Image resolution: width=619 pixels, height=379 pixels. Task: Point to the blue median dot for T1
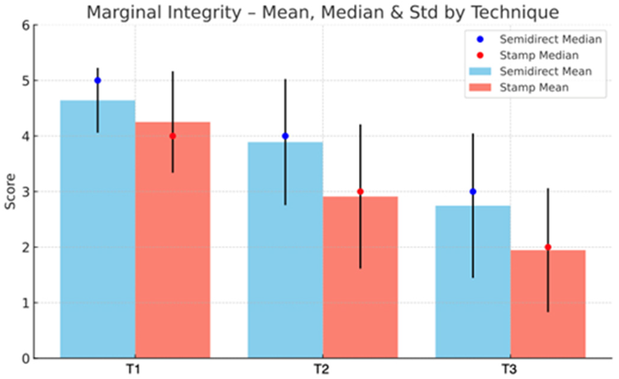(x=98, y=80)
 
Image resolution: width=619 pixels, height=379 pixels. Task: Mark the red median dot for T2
(x=360, y=191)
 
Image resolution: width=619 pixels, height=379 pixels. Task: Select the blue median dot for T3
(x=473, y=191)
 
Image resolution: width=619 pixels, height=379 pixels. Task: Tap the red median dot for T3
(x=548, y=247)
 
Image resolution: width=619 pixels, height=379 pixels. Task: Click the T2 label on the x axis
(x=322, y=369)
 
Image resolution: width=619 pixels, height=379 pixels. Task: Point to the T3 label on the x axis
(x=510, y=369)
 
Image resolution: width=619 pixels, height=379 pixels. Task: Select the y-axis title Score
(x=10, y=191)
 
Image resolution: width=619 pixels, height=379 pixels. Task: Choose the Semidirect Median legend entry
(x=539, y=39)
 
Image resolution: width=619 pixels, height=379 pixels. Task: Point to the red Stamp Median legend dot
(x=480, y=55)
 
